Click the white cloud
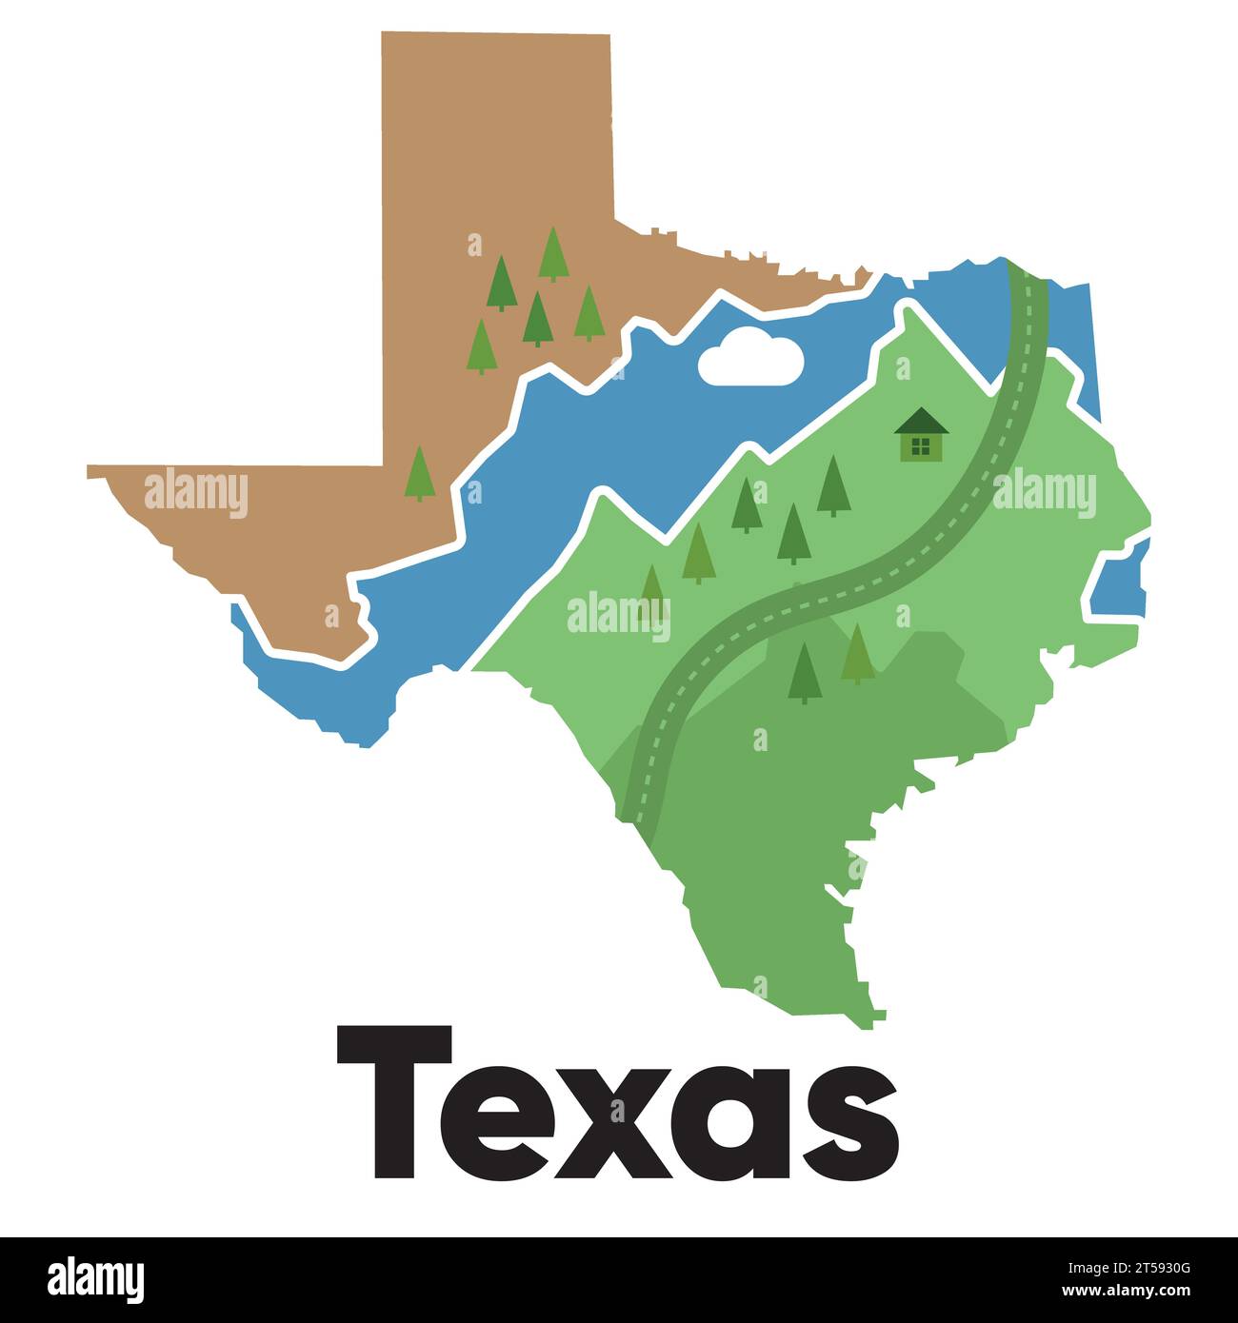(x=750, y=358)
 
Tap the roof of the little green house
(x=921, y=420)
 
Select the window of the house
(x=920, y=445)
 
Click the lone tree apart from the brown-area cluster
(x=419, y=473)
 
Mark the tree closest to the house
(x=833, y=485)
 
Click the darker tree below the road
(x=806, y=672)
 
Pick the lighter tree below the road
(x=858, y=654)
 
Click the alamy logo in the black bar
(x=95, y=1279)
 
